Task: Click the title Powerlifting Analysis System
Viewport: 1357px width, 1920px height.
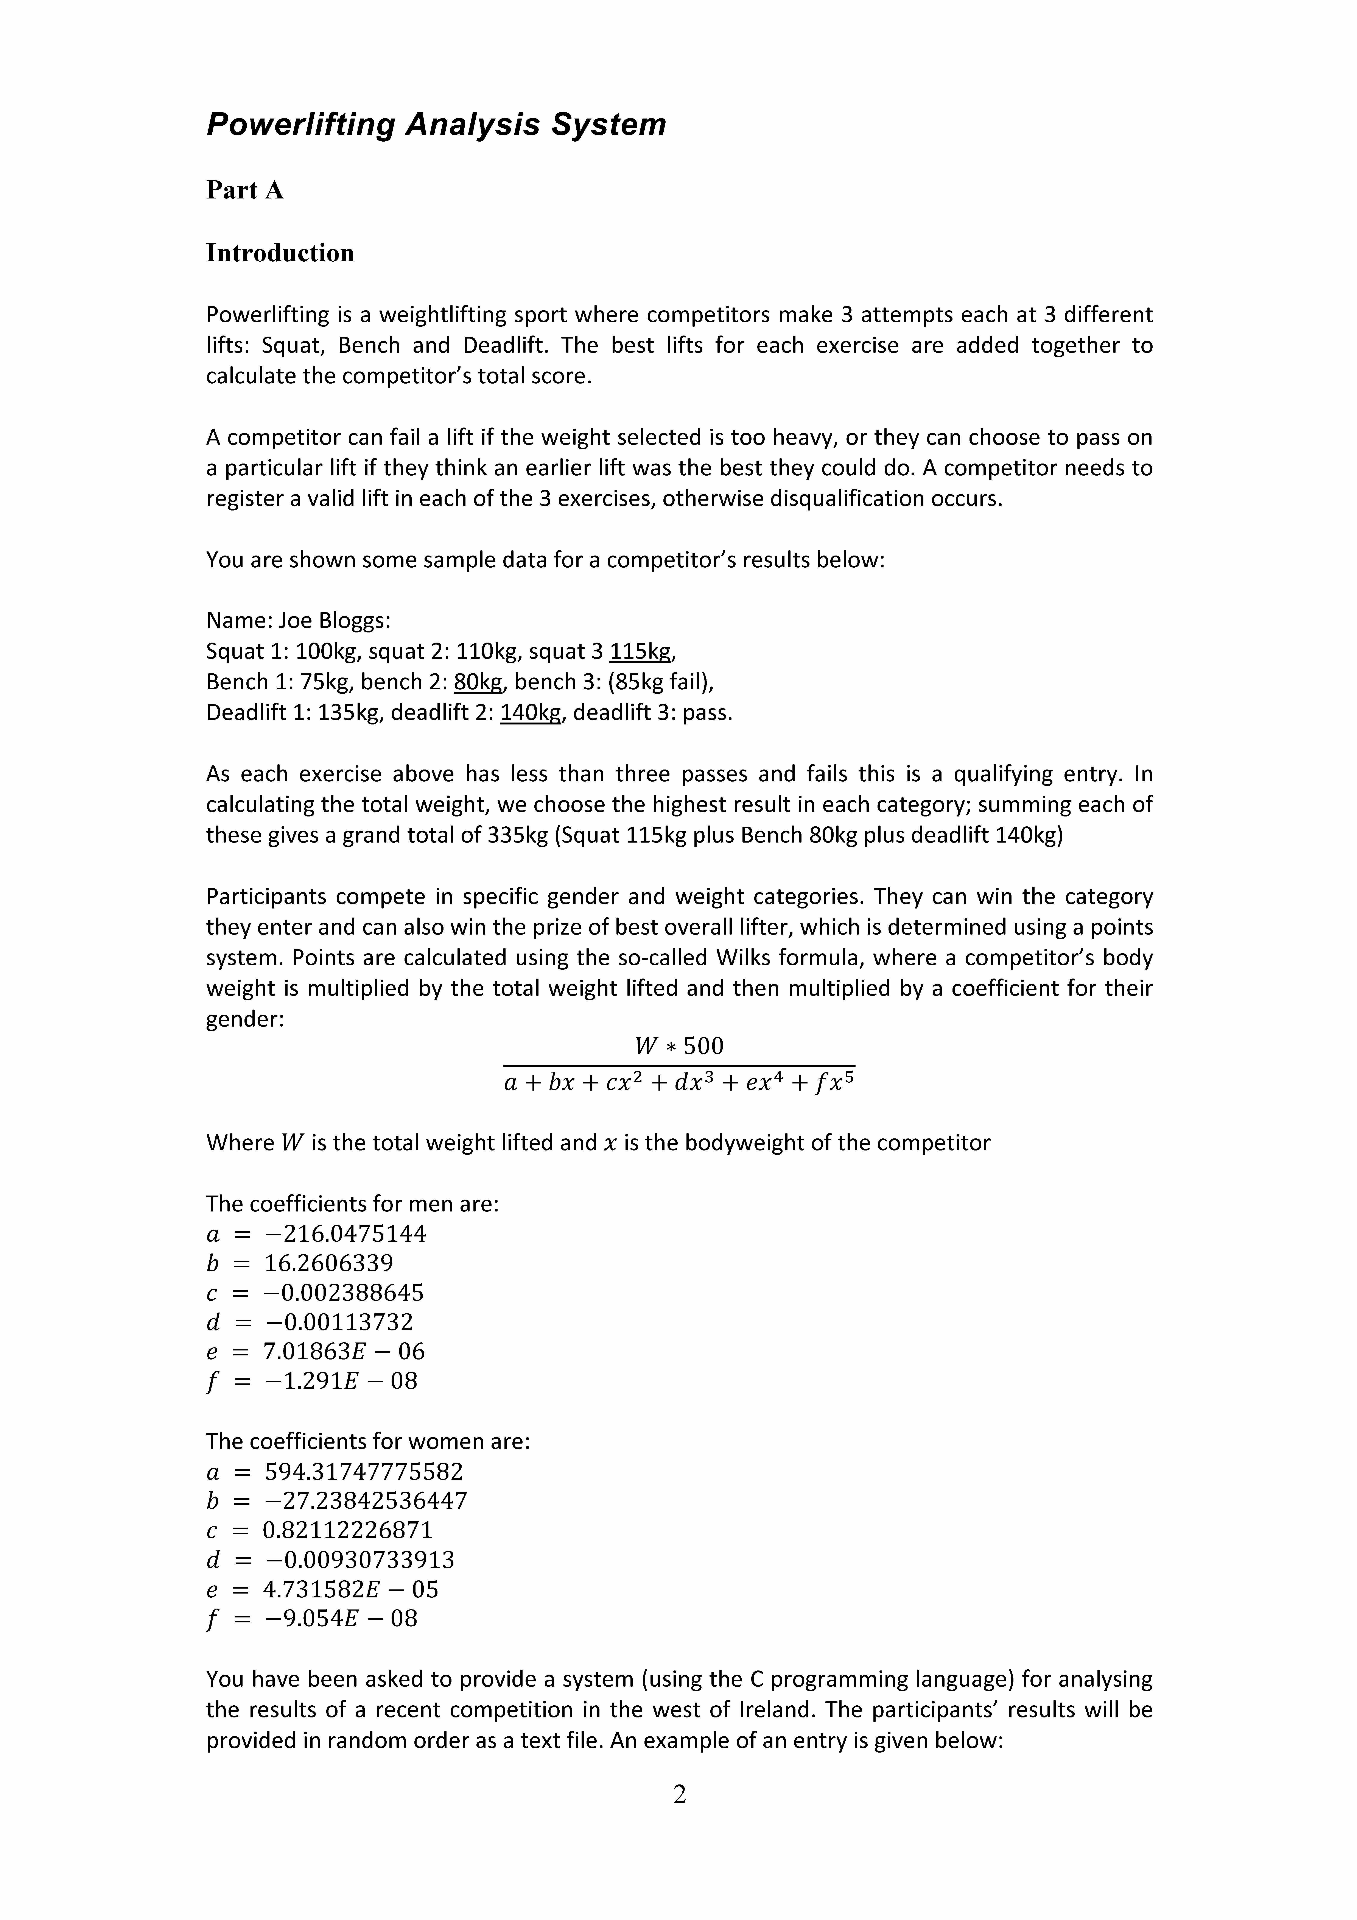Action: pos(436,125)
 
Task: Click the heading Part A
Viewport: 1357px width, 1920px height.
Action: pos(245,191)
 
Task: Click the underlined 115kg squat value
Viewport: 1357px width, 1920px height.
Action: pos(640,651)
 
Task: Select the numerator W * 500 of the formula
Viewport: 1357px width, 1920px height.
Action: pos(679,1046)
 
